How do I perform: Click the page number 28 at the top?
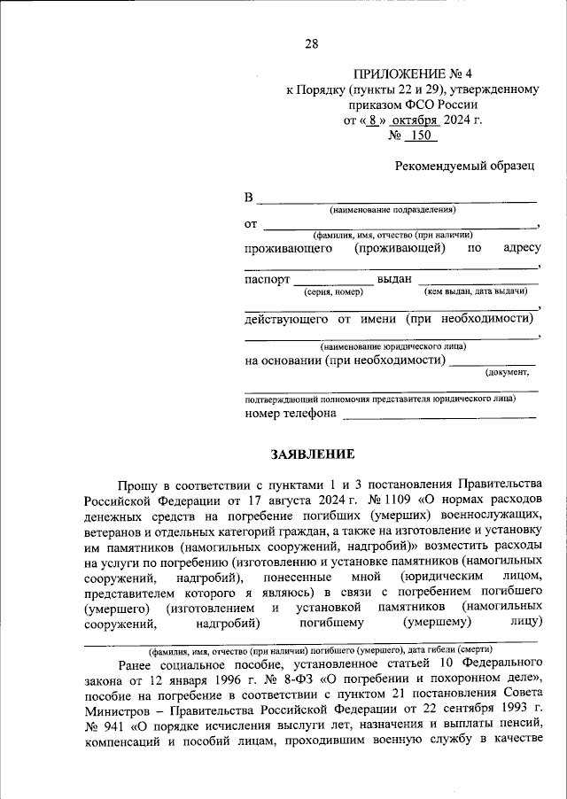[x=312, y=44]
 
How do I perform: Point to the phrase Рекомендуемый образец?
[x=465, y=166]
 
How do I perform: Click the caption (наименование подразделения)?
[x=392, y=210]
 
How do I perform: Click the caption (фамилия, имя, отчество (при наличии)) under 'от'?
[x=391, y=235]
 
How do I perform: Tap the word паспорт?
[x=267, y=279]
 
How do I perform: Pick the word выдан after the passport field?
[x=394, y=279]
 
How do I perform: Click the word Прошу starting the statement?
[x=134, y=484]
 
